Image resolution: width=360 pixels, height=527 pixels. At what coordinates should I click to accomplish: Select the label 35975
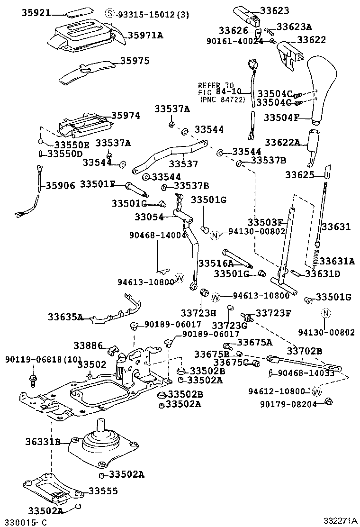pos(135,61)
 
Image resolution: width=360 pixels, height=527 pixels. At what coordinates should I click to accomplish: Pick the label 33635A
pos(65,317)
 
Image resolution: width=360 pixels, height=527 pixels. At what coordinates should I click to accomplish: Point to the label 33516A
pos(216,263)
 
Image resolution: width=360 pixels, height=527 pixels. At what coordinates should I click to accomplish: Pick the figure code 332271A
pos(340,520)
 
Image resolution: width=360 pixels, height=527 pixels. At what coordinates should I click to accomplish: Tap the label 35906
pos(60,185)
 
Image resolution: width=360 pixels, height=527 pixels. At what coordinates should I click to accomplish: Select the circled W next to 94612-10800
pos(317,391)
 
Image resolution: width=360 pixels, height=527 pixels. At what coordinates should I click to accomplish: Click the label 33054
pos(149,217)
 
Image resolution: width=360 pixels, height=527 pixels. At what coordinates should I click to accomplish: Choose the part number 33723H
pos(198,313)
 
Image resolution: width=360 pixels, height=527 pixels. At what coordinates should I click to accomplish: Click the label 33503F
pos(265,223)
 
